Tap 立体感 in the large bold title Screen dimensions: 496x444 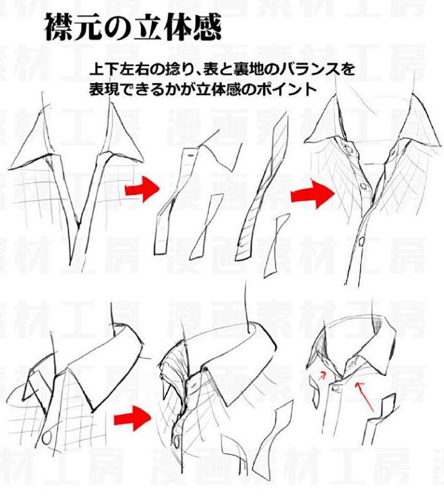pos(182,28)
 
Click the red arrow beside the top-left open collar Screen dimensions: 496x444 pos(142,190)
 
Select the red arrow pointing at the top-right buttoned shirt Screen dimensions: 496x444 pos(312,195)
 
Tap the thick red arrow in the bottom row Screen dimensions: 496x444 pos(132,420)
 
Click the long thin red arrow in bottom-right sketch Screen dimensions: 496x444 pos(364,397)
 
